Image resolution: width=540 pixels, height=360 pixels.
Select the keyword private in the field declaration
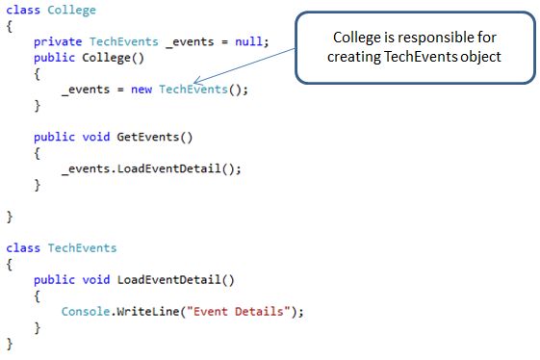pos(58,42)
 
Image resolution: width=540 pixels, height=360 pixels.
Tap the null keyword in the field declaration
pos(252,42)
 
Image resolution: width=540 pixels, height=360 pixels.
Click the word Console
pos(85,311)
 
